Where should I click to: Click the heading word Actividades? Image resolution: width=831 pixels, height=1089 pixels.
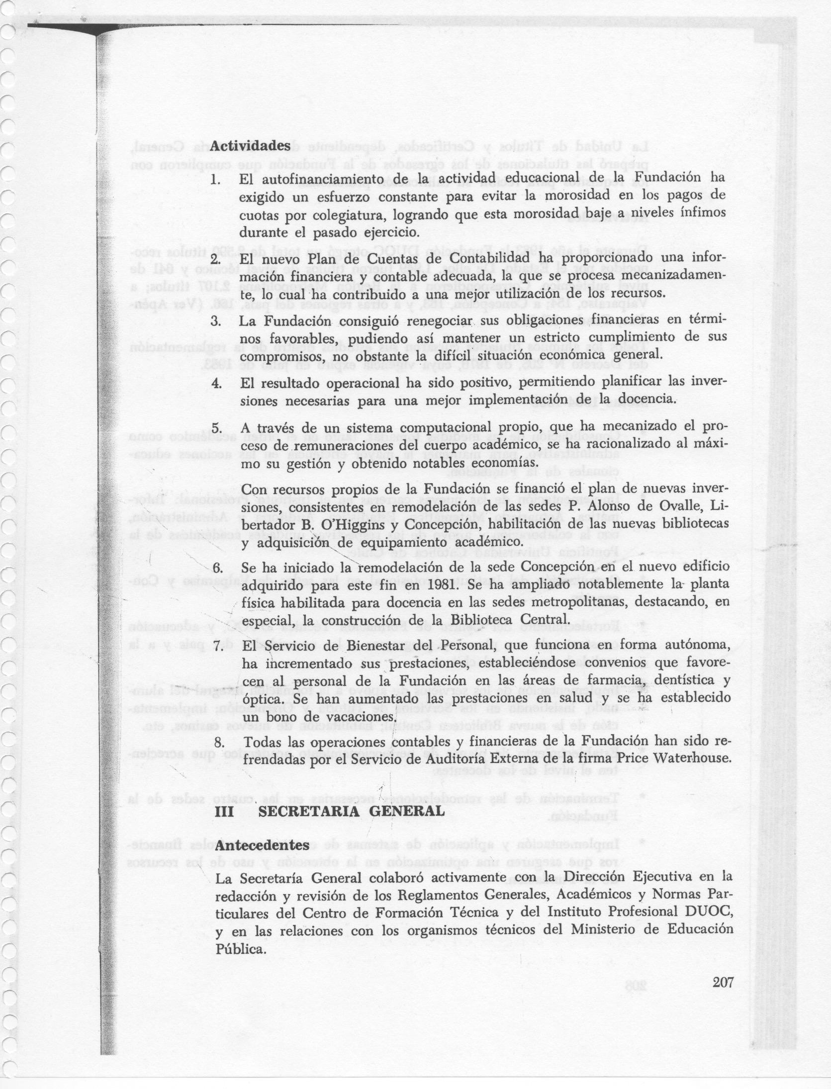pyautogui.click(x=250, y=146)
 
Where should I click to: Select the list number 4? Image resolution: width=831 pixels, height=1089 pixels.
pyautogui.click(x=216, y=383)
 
